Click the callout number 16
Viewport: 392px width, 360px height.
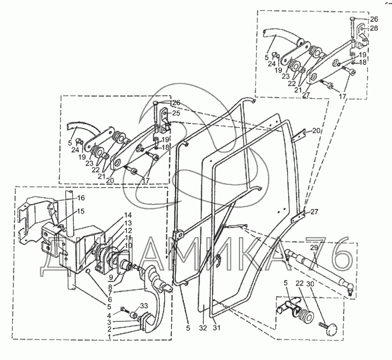[x=81, y=198]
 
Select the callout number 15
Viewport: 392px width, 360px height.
[x=81, y=211]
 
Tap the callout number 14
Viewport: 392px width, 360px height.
[x=127, y=215]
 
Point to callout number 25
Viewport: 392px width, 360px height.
[x=176, y=113]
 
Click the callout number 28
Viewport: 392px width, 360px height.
[x=374, y=28]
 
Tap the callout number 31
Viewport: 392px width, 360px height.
[x=217, y=328]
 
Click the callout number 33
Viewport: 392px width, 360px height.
[x=144, y=306]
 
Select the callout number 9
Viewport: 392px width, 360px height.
[x=111, y=277]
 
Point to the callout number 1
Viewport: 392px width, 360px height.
[x=109, y=337]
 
